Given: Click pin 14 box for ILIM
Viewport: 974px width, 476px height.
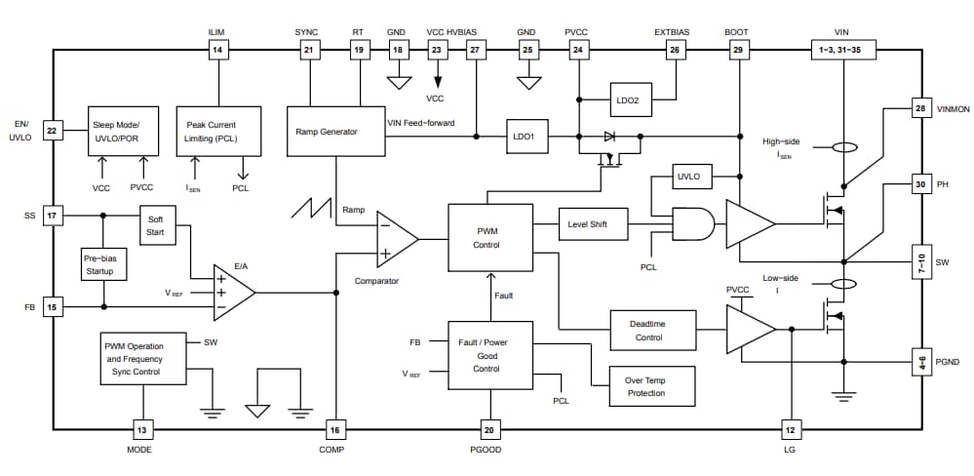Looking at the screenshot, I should click(217, 50).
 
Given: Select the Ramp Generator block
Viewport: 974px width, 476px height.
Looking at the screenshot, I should click(334, 132).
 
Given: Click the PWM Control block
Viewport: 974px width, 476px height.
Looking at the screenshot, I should click(489, 237).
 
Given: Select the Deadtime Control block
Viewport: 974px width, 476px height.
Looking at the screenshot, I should click(652, 331).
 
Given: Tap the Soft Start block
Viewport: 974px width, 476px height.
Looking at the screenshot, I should click(156, 226).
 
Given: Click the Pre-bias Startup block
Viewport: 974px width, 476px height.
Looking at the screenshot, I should click(99, 263).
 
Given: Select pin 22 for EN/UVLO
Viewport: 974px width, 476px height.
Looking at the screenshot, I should click(54, 130).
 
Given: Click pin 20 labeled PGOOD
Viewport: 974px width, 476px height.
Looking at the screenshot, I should click(489, 429).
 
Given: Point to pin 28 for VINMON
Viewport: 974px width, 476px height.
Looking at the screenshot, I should click(919, 108).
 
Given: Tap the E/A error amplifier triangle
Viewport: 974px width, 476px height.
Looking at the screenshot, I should click(232, 292).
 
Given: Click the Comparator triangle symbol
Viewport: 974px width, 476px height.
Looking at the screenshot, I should click(395, 238).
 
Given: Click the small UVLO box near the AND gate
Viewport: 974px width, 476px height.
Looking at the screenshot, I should click(693, 177).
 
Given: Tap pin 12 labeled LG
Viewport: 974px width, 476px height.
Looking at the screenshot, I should click(791, 429).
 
